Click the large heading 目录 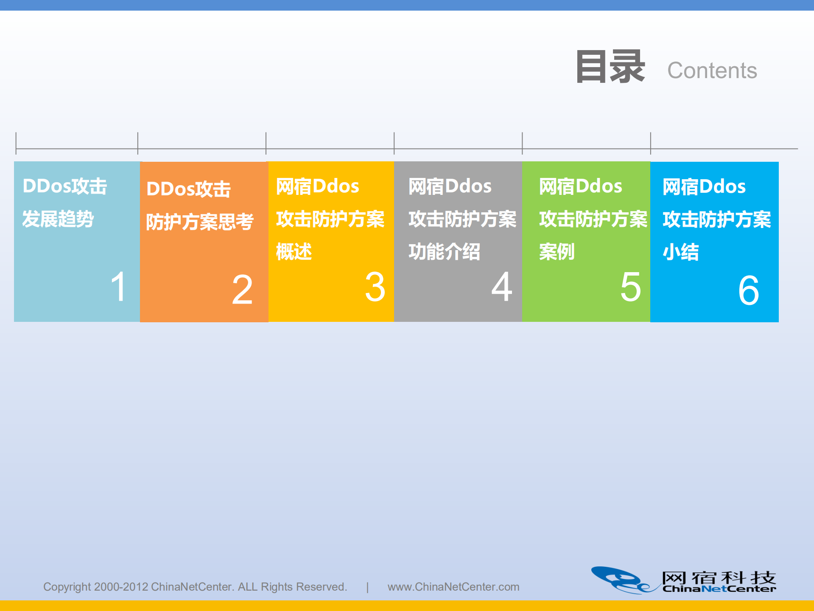(610, 67)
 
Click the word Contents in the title (712, 70)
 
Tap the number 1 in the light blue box (118, 287)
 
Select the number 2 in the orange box (242, 290)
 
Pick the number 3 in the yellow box (375, 287)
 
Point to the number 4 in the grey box (502, 287)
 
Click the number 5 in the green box (630, 287)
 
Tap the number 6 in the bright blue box (749, 290)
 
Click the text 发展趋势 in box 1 (58, 219)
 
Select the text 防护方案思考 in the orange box (200, 222)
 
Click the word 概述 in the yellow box (294, 252)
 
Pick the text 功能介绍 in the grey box (444, 252)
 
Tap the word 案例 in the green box (557, 252)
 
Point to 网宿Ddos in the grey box (450, 186)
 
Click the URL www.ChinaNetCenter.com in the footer (453, 587)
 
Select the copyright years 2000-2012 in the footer (121, 587)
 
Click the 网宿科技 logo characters (719, 577)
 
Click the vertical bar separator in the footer (367, 587)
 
